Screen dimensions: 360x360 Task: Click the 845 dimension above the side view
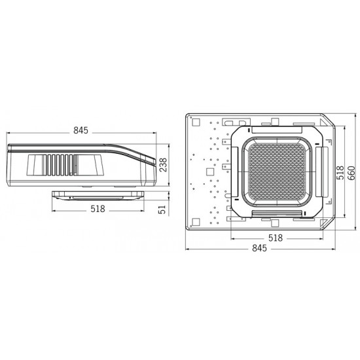[81, 131]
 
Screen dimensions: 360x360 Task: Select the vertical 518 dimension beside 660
[340, 173]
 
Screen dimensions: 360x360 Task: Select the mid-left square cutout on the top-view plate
[209, 171]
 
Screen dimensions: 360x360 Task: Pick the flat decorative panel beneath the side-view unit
[98, 195]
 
